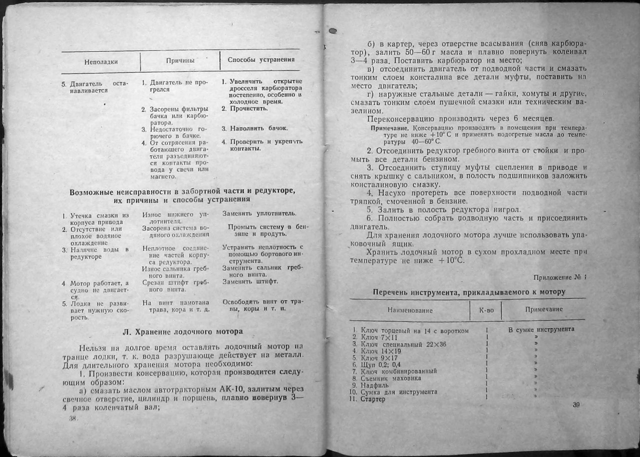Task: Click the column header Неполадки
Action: point(100,62)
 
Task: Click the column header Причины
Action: point(180,60)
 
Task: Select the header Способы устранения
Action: point(260,59)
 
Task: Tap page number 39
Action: point(576,405)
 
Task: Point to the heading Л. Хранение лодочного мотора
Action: point(182,331)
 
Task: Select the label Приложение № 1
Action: point(559,277)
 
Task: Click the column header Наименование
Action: point(410,310)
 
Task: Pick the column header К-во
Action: point(486,310)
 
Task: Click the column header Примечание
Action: point(543,309)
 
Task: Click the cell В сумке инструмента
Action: point(541,329)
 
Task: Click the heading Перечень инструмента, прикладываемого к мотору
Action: point(469,291)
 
